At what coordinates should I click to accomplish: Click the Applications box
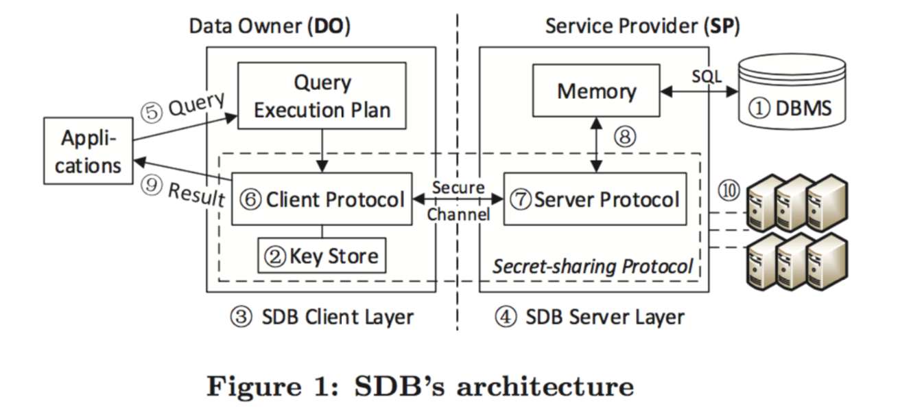[88, 151]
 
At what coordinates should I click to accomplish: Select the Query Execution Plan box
[322, 96]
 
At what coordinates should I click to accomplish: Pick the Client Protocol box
[322, 199]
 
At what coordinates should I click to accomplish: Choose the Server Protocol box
[595, 199]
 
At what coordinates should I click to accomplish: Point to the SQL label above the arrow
[706, 76]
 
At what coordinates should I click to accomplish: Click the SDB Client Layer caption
[322, 317]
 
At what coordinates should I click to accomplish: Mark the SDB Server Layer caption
[589, 317]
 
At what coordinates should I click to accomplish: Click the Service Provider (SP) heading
[642, 27]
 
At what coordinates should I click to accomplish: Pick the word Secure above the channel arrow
[459, 188]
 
